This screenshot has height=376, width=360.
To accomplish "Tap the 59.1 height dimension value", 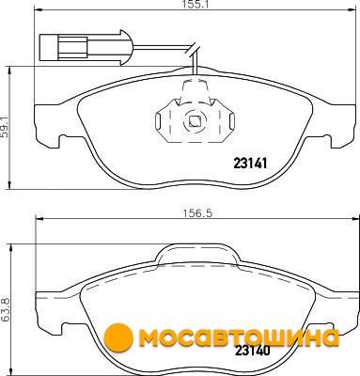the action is click(x=4, y=128).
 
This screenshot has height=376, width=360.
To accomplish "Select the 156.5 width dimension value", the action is click(x=197, y=213).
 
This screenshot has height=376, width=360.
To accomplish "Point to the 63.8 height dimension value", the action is click(x=5, y=310).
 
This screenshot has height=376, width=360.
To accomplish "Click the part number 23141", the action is click(x=250, y=164).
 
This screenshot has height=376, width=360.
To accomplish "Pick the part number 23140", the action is click(x=253, y=351).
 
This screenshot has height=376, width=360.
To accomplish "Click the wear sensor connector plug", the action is click(x=83, y=48).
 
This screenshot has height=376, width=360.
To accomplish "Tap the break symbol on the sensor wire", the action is click(x=192, y=50).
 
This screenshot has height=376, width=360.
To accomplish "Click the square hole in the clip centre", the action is click(x=196, y=121).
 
